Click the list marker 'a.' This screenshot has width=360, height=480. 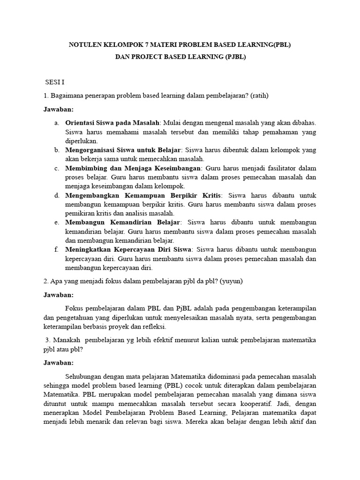pyautogui.click(x=56, y=123)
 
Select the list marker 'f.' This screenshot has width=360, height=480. pyautogui.click(x=56, y=250)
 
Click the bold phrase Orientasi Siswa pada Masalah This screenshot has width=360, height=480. pyautogui.click(x=112, y=123)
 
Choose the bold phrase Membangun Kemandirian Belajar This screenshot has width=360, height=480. pyautogui.click(x=122, y=223)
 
